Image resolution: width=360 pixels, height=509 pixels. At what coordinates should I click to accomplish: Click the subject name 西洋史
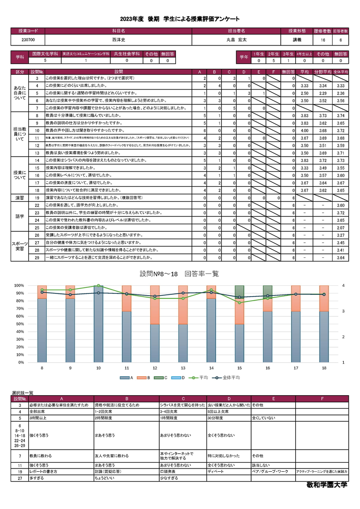point(118,40)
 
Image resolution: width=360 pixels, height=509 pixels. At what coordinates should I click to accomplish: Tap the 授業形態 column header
point(297,31)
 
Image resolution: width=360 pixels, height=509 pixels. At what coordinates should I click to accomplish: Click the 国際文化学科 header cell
point(45,54)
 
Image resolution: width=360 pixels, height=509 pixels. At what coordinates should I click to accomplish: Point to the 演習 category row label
point(20,198)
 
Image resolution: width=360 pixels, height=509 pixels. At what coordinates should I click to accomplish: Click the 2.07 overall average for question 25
point(341,228)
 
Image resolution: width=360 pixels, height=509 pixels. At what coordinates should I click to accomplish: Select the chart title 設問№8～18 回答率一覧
point(179,274)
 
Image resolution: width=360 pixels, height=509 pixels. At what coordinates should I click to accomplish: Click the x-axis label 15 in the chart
point(239,368)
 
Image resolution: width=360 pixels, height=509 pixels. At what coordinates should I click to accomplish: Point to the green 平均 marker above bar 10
point(99,286)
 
